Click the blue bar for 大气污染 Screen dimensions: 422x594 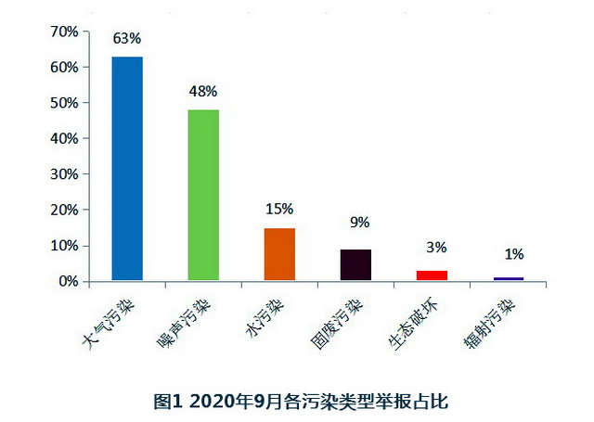pyautogui.click(x=127, y=168)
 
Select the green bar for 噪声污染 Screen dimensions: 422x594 pyautogui.click(x=203, y=195)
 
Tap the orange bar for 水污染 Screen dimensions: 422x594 pyautogui.click(x=279, y=253)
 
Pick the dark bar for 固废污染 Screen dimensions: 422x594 pyautogui.click(x=355, y=264)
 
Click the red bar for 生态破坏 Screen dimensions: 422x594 pyautogui.click(x=432, y=275)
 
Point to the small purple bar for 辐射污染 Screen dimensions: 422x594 pyautogui.click(x=508, y=278)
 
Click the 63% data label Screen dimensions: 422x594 pyautogui.click(x=127, y=39)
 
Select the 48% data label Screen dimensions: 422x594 pyautogui.click(x=203, y=91)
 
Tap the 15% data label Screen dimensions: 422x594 pyautogui.click(x=279, y=209)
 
